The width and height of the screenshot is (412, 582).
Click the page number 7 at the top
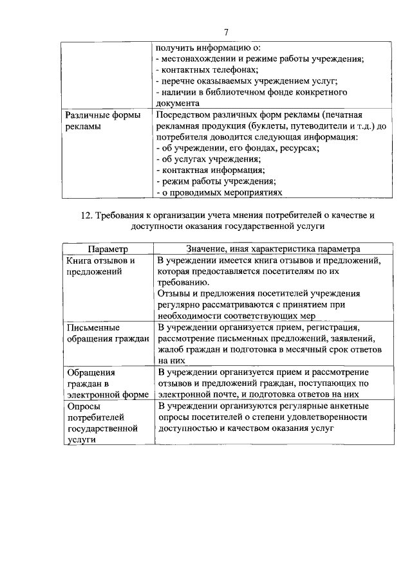(x=227, y=32)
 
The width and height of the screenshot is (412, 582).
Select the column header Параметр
(x=108, y=249)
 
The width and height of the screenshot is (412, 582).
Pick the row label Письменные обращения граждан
(x=106, y=332)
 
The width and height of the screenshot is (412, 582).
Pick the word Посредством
(x=184, y=115)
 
